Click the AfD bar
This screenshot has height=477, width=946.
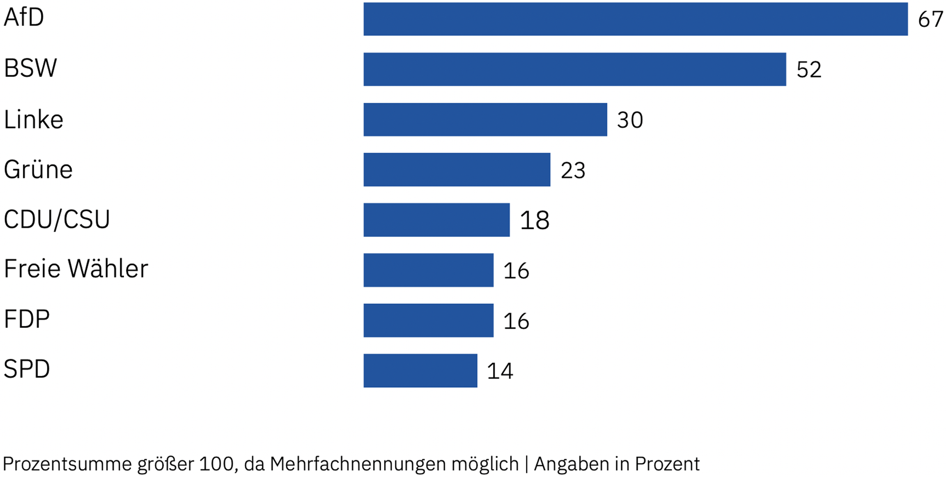pos(636,19)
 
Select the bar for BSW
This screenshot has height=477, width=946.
pos(575,69)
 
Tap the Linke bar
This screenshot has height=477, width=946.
pos(485,119)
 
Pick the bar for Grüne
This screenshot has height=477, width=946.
pos(457,169)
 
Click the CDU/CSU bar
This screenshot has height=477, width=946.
pos(437,220)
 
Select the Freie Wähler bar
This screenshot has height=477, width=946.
pos(428,270)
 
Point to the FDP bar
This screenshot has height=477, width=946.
pos(428,320)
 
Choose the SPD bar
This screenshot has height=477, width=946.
pos(420,370)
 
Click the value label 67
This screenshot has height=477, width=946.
pos(931,19)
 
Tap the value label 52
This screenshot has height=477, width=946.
pos(809,70)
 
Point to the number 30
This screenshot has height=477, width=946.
pos(630,120)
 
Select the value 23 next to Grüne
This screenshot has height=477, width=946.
pos(573,170)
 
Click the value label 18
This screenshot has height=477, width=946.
pos(535,220)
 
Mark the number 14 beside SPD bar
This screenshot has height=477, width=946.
pos(500,371)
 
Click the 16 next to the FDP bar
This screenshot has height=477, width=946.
pos(516,321)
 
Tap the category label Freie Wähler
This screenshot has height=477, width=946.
pos(76,269)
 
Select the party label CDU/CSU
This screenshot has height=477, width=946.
pos(57,219)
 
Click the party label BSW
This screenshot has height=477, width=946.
pos(30,68)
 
